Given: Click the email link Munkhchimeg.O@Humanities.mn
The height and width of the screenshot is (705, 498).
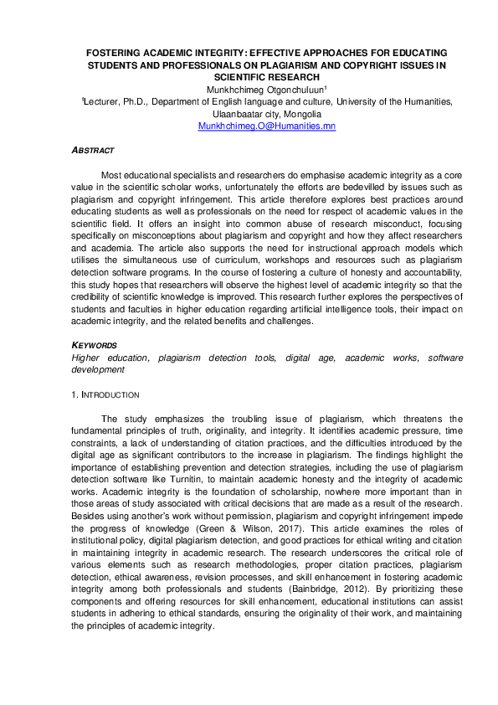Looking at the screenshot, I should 265,126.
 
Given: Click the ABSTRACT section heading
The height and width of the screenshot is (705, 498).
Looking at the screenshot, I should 92,150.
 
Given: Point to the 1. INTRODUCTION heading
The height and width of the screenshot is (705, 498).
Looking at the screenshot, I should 105,394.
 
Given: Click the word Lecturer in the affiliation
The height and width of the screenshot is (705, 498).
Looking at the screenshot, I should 103,100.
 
